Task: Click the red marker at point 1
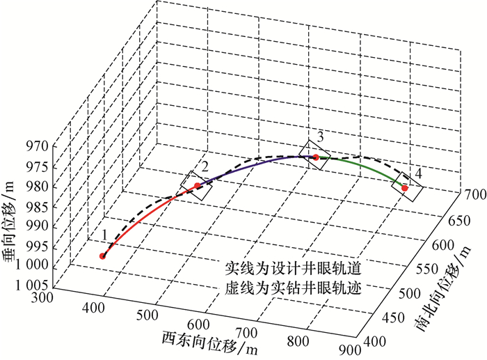click(x=103, y=256)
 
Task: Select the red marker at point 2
click(x=197, y=185)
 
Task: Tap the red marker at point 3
click(x=316, y=158)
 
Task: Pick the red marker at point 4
click(x=405, y=188)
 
